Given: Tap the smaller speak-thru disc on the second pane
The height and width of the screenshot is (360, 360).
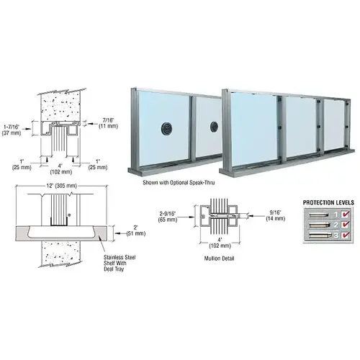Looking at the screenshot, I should (x=213, y=127).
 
